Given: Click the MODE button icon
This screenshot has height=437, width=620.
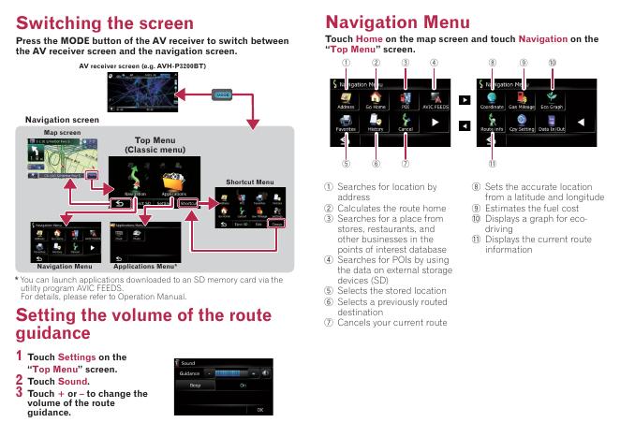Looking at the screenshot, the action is pos(222,95).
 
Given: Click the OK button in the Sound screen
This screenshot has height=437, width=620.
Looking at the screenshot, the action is pos(260,409).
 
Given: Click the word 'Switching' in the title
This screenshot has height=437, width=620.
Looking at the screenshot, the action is pos(61,20).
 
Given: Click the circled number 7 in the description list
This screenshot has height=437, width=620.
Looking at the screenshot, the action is pos(330,322).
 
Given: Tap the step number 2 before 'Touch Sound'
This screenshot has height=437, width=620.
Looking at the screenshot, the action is pos(18,381).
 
